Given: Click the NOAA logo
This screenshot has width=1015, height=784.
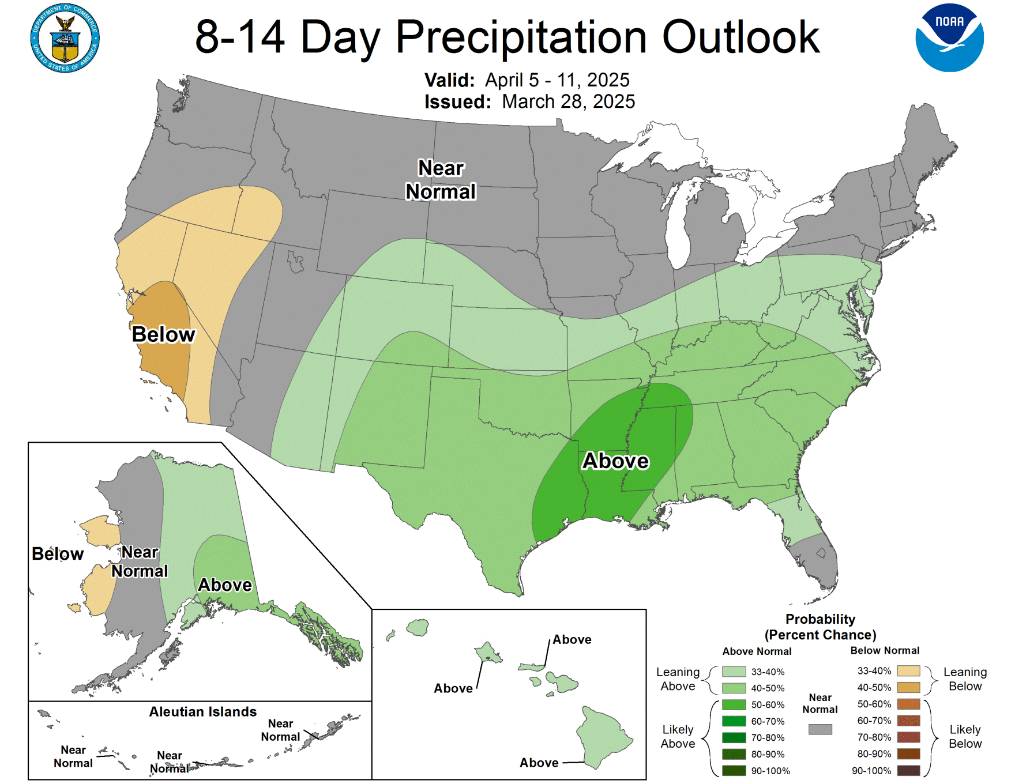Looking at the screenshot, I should click(x=949, y=37).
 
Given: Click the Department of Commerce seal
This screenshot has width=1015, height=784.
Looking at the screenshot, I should click(x=65, y=38).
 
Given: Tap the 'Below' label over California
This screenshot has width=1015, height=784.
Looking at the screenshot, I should click(x=163, y=334).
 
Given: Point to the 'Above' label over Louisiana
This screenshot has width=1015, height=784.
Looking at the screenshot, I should click(x=615, y=461).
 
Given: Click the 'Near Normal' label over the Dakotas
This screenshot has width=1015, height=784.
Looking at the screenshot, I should click(x=441, y=180).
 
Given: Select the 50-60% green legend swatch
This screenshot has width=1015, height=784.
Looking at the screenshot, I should click(x=734, y=704).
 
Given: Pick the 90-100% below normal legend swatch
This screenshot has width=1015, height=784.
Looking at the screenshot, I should click(x=908, y=770).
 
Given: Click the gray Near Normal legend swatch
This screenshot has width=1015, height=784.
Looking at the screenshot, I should click(x=820, y=729).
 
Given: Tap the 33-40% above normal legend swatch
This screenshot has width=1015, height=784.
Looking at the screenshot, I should click(x=734, y=672).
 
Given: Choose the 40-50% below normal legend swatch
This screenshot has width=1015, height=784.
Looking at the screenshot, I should click(x=908, y=687).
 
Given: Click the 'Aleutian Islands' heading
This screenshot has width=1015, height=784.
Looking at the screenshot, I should click(x=202, y=712).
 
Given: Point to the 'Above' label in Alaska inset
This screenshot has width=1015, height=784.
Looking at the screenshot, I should click(x=225, y=585).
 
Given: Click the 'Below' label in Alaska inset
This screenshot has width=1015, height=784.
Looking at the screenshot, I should click(x=58, y=554).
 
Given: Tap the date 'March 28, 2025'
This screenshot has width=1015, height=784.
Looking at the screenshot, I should click(x=568, y=101).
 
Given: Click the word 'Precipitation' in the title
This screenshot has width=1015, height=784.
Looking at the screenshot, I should click(x=521, y=37).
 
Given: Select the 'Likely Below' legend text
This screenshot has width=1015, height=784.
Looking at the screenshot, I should click(x=965, y=737).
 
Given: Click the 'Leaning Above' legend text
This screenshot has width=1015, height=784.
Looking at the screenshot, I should click(x=678, y=679).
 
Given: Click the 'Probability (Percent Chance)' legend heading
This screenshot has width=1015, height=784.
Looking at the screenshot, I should click(x=820, y=627).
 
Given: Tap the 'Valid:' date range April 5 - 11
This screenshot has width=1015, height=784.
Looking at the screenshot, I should click(x=557, y=80).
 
